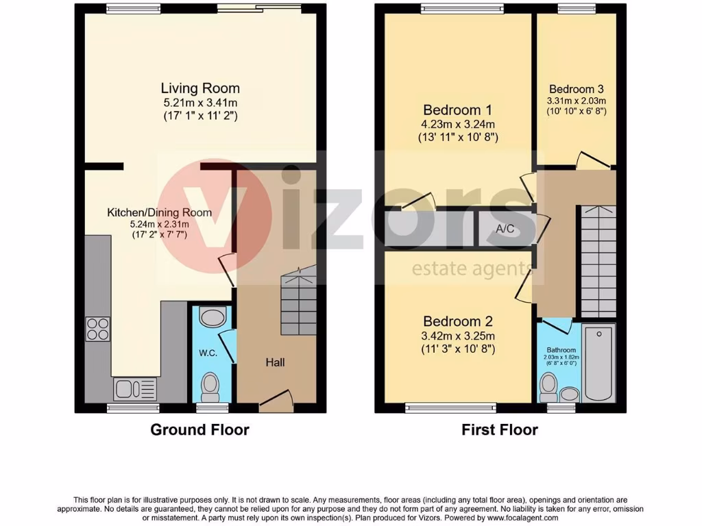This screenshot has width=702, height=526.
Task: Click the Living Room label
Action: pos(200,88)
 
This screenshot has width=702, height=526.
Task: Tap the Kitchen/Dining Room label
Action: pos(159,213)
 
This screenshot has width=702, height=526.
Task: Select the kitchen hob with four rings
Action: pos(97,329)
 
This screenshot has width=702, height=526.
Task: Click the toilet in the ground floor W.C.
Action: pos(209,388)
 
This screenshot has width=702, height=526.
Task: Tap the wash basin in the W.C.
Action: pos(208,318)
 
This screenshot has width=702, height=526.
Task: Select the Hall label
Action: pos(275,362)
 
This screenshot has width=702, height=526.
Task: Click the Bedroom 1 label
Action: pos(457,110)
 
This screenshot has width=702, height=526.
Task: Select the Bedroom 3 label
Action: pos(576,89)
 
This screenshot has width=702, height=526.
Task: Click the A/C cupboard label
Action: pos(505,229)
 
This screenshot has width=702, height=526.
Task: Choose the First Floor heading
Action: pos(499,430)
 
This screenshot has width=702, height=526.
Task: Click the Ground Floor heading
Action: pos(199,430)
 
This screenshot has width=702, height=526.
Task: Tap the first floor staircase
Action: pos(598,260)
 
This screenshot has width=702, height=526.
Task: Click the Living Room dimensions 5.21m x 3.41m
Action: pos(200,103)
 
